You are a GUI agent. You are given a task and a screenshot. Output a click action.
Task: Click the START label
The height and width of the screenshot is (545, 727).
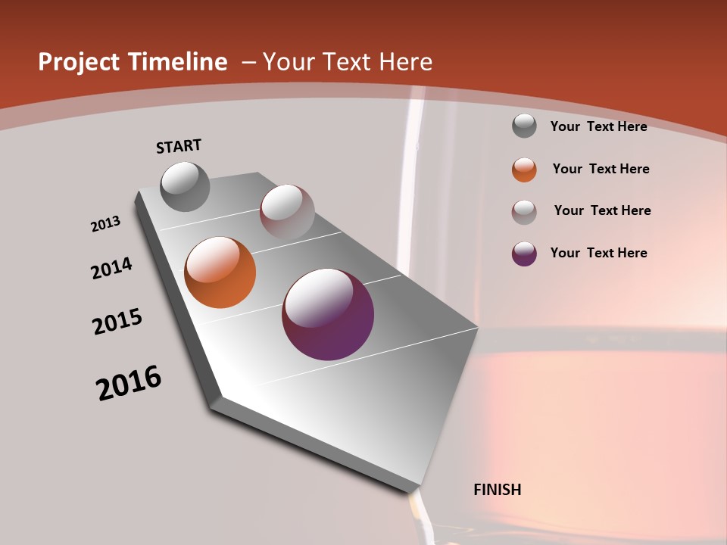(x=179, y=146)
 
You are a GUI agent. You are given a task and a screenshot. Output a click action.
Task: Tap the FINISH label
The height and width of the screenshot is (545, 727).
(x=498, y=490)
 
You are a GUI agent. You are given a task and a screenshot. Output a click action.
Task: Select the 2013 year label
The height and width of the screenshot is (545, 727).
(x=106, y=223)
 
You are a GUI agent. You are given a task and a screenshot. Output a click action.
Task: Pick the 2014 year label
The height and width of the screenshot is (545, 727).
(x=112, y=268)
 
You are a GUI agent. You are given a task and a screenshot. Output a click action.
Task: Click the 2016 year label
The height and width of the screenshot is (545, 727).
(x=129, y=383)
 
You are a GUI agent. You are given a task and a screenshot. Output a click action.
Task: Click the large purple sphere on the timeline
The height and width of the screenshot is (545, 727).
(x=328, y=314)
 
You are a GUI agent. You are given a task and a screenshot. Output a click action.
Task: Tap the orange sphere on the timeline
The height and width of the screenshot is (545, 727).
(x=220, y=272)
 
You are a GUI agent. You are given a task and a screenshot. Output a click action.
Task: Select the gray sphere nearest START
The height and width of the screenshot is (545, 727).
(x=185, y=186)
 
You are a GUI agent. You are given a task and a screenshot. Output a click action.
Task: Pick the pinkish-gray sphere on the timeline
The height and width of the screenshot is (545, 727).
(x=287, y=212)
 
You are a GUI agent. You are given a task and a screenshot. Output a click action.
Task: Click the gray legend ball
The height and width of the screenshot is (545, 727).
(x=524, y=126)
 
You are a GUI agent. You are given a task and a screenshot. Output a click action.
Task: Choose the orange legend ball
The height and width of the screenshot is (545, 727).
(x=524, y=170)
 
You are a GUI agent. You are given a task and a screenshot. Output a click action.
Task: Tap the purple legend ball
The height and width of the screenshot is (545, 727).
(x=524, y=254)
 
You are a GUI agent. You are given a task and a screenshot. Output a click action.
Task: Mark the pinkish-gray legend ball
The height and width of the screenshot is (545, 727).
(x=524, y=212)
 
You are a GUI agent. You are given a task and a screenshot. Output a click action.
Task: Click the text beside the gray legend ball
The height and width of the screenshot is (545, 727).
(x=598, y=126)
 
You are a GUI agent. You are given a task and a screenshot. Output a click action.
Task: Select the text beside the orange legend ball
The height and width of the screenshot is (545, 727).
(x=601, y=169)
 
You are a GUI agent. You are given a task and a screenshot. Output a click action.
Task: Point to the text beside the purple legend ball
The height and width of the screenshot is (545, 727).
(x=598, y=253)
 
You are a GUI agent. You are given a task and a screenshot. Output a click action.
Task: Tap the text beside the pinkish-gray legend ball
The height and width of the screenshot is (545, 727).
(x=602, y=210)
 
